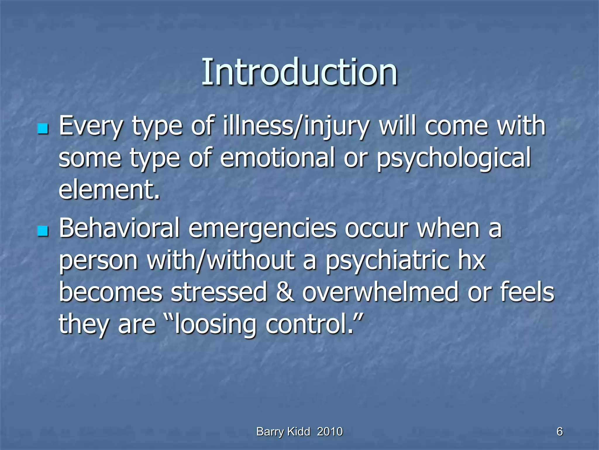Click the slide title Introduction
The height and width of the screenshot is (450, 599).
(299, 72)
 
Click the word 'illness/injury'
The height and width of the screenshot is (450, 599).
(296, 127)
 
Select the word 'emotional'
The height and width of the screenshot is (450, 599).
(277, 158)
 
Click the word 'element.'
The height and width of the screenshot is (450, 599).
(109, 190)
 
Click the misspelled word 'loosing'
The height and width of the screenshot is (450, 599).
(215, 325)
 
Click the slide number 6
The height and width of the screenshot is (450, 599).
(560, 432)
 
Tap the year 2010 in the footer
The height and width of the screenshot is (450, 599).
(330, 432)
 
